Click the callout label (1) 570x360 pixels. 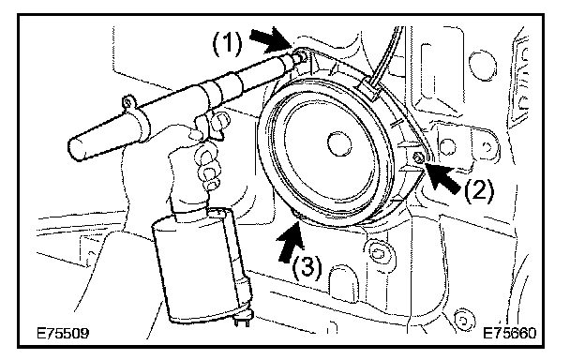227,44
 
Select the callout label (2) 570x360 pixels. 479,189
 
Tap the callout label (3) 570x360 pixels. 307,268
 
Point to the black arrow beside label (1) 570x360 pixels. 272,39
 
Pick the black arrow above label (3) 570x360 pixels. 292,241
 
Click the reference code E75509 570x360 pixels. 63,333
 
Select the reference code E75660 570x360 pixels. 509,333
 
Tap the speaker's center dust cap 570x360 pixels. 339,143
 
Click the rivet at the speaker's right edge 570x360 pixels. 418,157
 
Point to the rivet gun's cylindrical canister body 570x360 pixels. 200,265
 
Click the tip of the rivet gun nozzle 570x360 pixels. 300,56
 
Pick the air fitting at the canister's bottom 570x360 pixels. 241,322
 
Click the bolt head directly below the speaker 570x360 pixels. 377,252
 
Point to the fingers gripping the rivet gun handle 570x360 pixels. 208,165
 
